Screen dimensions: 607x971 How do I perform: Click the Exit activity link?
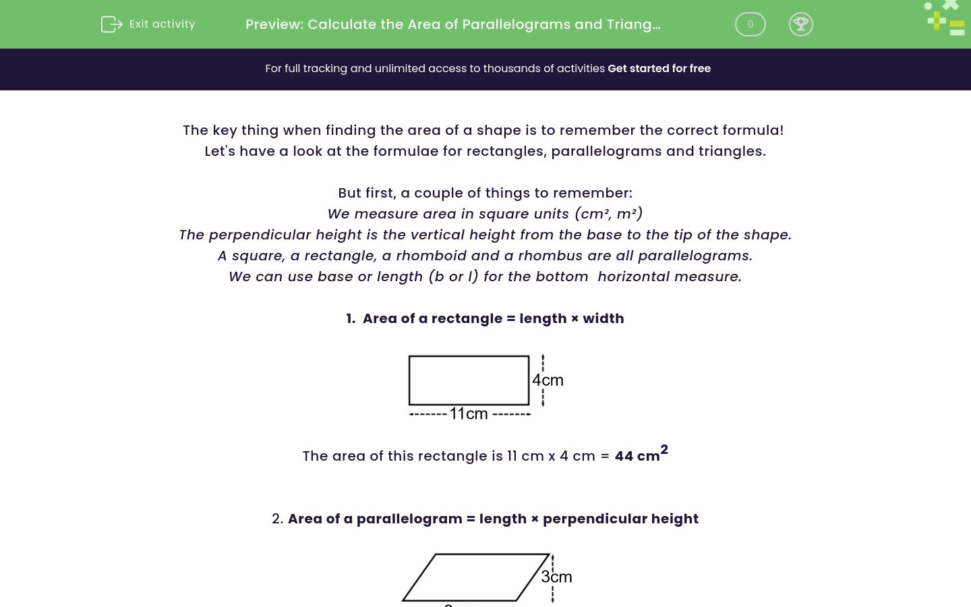point(162,24)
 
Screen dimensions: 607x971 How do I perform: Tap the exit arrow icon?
point(111,24)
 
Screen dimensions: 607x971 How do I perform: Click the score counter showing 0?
point(750,24)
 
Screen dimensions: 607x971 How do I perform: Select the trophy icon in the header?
point(800,24)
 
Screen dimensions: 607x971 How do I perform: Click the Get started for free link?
point(659,69)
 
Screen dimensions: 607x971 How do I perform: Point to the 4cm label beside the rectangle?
point(548,380)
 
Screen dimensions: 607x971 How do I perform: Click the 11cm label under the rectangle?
point(468,413)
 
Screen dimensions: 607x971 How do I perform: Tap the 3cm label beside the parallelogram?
point(556,577)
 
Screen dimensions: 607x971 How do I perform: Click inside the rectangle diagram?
point(469,380)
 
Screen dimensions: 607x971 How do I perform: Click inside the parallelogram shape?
point(475,578)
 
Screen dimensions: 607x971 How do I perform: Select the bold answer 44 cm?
point(637,457)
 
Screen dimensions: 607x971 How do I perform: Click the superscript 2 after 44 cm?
point(664,449)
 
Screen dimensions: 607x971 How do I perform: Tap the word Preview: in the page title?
point(274,24)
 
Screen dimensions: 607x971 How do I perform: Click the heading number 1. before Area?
point(351,318)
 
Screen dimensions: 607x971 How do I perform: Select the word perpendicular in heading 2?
point(585,519)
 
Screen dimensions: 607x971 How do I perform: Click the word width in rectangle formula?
point(603,318)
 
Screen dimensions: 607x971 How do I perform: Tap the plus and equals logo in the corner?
point(945,19)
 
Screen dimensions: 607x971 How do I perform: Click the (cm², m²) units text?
point(608,214)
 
